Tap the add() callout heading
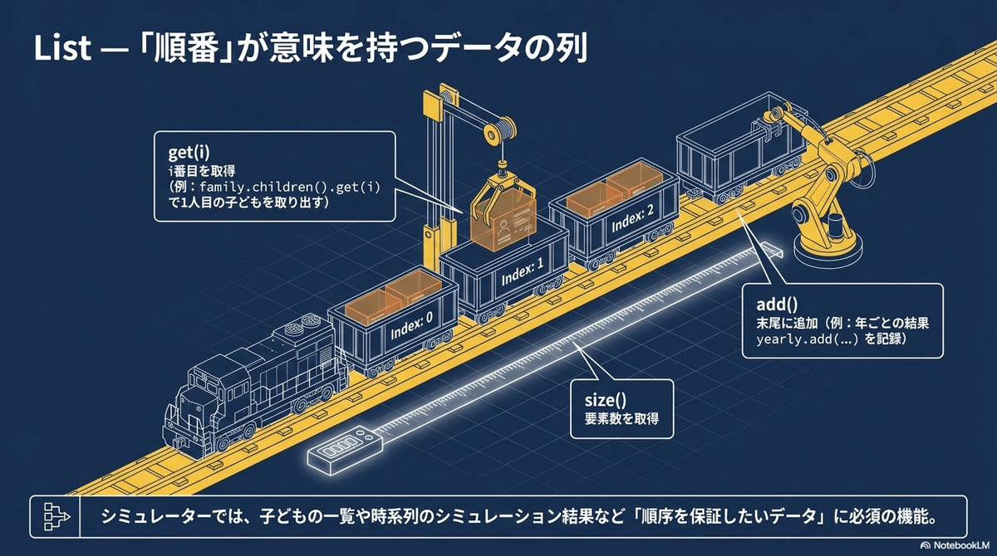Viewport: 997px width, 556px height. tap(774, 305)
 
